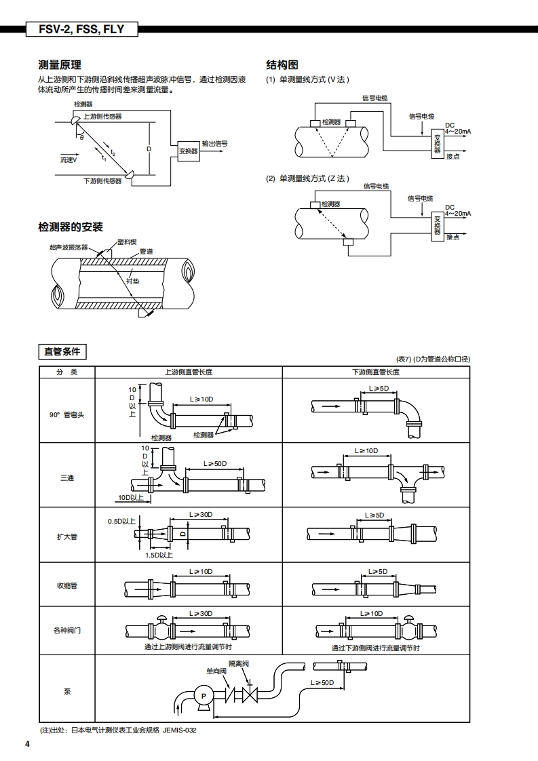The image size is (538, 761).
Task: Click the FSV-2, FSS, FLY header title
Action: pos(81,29)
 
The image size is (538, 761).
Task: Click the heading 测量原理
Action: pos(60,65)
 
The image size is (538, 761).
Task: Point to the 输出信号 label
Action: pos(214,144)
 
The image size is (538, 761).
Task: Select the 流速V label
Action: pos(69,159)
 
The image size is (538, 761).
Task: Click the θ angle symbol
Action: pos(82,137)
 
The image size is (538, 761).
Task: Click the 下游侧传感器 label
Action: pos(102,180)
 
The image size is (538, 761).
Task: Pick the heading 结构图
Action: pos(282,65)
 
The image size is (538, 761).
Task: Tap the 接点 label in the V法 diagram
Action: pos(453,156)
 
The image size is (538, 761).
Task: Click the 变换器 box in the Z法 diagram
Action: pos(438,226)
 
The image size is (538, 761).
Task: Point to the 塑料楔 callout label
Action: pos(128,241)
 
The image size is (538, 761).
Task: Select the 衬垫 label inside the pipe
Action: pos(132,281)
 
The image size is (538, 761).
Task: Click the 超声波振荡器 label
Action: pos(69,247)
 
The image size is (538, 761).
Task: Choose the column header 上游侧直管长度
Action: pos(189,372)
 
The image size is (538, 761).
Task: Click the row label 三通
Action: pos(67,478)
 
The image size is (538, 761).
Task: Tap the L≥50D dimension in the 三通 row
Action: pos(215,463)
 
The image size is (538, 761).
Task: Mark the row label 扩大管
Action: pos(67,536)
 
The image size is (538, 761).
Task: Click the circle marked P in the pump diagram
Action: pos(204,696)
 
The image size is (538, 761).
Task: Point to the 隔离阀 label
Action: pos(239,663)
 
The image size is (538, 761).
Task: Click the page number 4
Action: pos(28,745)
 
